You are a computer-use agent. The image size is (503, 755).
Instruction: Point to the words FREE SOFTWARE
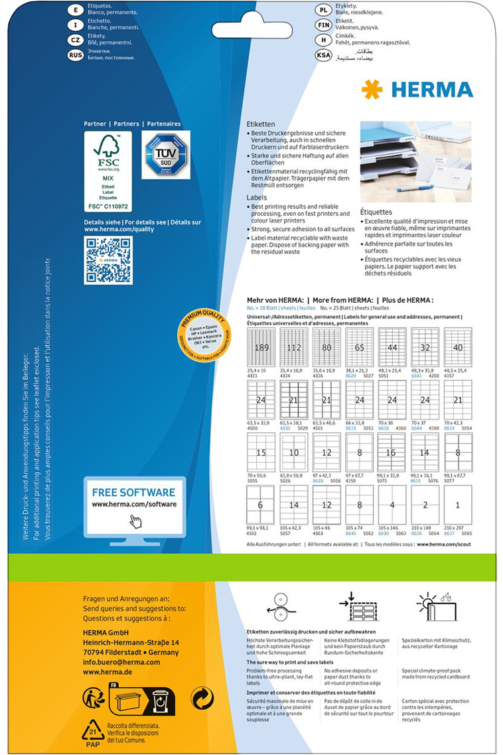point(133,492)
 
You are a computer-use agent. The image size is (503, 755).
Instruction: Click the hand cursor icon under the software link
point(135,522)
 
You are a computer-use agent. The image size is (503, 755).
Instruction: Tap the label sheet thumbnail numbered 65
point(359,346)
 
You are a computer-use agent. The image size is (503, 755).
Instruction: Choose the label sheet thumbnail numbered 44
point(392,346)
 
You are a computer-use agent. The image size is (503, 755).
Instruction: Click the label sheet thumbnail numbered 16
point(392,452)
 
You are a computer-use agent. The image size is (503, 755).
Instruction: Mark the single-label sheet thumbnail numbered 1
point(457,505)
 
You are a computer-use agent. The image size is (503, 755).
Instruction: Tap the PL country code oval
point(323,11)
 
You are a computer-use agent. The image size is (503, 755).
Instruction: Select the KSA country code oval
point(323,55)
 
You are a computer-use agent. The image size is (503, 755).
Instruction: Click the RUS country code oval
point(76,55)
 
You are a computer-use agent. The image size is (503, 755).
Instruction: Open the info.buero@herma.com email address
point(121,662)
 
